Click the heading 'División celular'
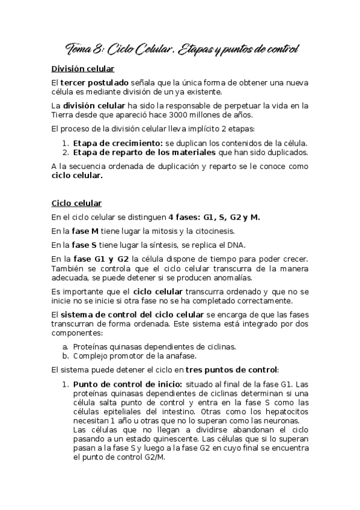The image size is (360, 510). (x=83, y=69)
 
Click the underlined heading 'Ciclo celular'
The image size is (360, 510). (x=76, y=203)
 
